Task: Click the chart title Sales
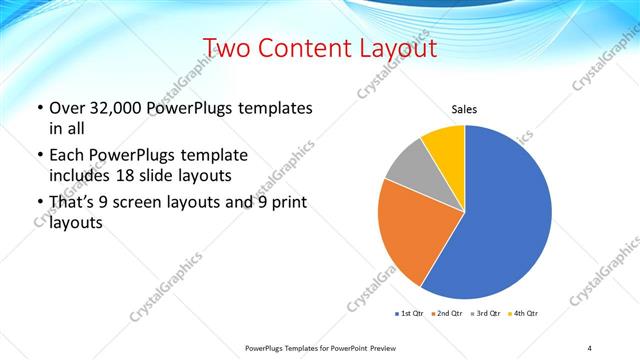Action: tap(465, 109)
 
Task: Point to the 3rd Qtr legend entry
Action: tap(484, 314)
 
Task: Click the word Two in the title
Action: tap(231, 49)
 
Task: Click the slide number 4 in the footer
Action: tap(589, 347)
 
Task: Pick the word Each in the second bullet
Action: tap(68, 155)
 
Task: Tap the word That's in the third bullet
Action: tap(76, 204)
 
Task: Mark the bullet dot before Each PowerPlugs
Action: tap(39, 156)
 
